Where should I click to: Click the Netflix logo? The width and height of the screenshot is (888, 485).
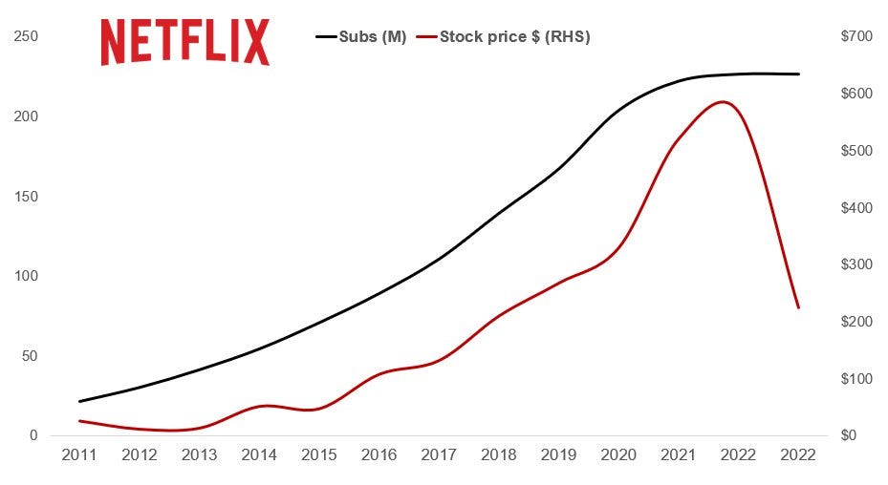pyautogui.click(x=185, y=43)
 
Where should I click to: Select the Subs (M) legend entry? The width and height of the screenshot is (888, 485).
pyautogui.click(x=361, y=37)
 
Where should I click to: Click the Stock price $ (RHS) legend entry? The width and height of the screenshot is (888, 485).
pyautogui.click(x=514, y=37)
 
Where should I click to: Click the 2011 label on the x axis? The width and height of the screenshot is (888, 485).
pyautogui.click(x=79, y=455)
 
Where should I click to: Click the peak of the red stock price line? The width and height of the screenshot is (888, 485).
pyautogui.click(x=724, y=101)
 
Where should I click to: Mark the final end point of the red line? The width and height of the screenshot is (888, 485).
pyautogui.click(x=798, y=307)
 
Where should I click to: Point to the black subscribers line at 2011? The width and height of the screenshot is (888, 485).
pyautogui.click(x=79, y=401)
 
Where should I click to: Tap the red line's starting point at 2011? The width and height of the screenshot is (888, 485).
pyautogui.click(x=79, y=421)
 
